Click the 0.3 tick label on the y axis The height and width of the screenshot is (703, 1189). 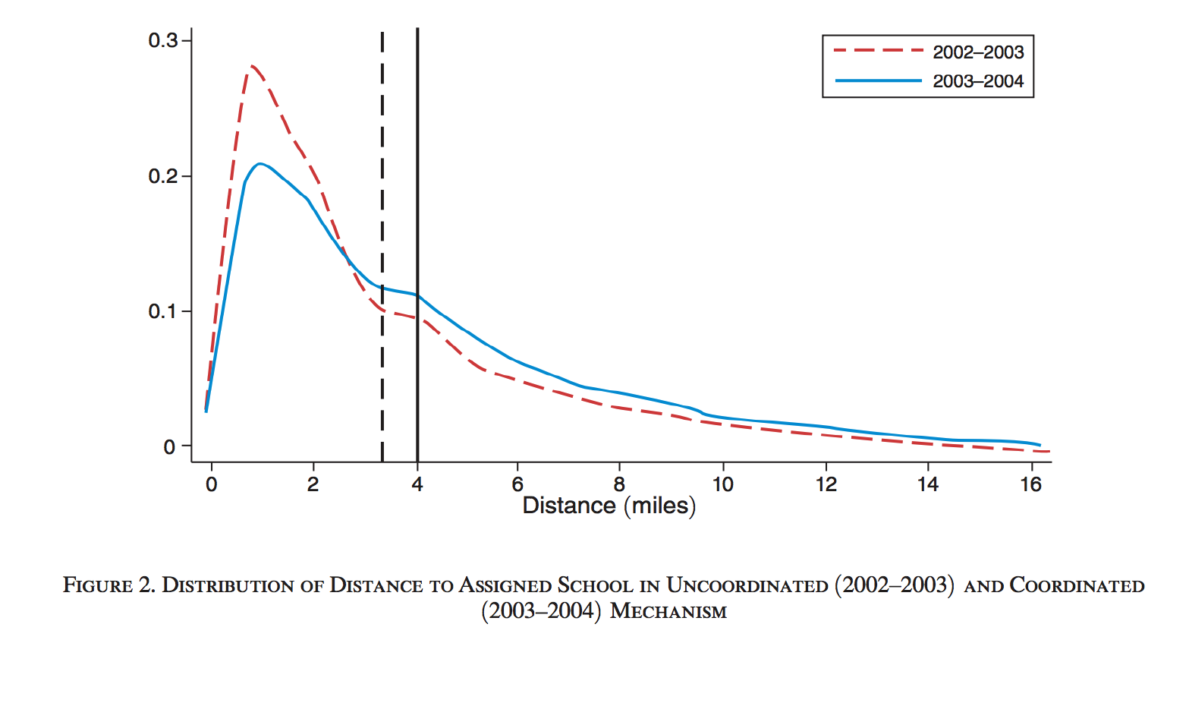pyautogui.click(x=162, y=40)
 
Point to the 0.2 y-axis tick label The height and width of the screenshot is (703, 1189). pyautogui.click(x=162, y=176)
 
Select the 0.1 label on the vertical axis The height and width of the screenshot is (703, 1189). pyautogui.click(x=162, y=311)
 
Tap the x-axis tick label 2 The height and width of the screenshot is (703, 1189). pyautogui.click(x=313, y=484)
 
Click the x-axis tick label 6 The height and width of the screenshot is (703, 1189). pyautogui.click(x=517, y=484)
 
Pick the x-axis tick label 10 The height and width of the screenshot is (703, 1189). pyautogui.click(x=722, y=484)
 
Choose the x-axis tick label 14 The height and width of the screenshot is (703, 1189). pyautogui.click(x=927, y=484)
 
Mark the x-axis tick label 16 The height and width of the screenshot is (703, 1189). pyautogui.click(x=1030, y=484)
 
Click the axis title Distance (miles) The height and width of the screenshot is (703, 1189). pyautogui.click(x=609, y=506)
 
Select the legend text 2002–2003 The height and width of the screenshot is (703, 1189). pyautogui.click(x=978, y=52)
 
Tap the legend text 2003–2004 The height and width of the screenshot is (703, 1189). pyautogui.click(x=978, y=81)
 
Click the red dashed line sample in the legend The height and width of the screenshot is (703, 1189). pyautogui.click(x=878, y=52)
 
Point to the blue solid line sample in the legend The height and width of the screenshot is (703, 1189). pyautogui.click(x=878, y=80)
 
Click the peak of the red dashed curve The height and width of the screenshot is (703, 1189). pyautogui.click(x=251, y=66)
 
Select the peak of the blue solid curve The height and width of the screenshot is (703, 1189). pyautogui.click(x=260, y=163)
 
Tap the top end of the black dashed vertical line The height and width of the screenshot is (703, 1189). pyautogui.click(x=382, y=33)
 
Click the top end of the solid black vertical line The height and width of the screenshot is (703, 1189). pyautogui.click(x=417, y=29)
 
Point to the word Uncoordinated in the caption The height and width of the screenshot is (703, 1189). pyautogui.click(x=747, y=586)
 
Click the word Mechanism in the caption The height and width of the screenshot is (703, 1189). pyautogui.click(x=668, y=611)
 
